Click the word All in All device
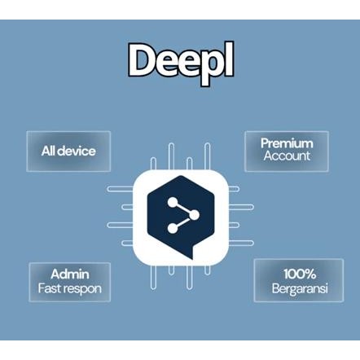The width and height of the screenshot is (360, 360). (50, 151)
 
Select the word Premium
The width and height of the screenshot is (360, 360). (287, 143)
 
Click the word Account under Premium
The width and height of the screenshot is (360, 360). (287, 156)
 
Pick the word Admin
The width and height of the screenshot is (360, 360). (69, 274)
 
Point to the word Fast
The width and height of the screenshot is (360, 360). (51, 289)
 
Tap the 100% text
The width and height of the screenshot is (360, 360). (299, 274)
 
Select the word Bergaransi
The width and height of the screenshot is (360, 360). (299, 288)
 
